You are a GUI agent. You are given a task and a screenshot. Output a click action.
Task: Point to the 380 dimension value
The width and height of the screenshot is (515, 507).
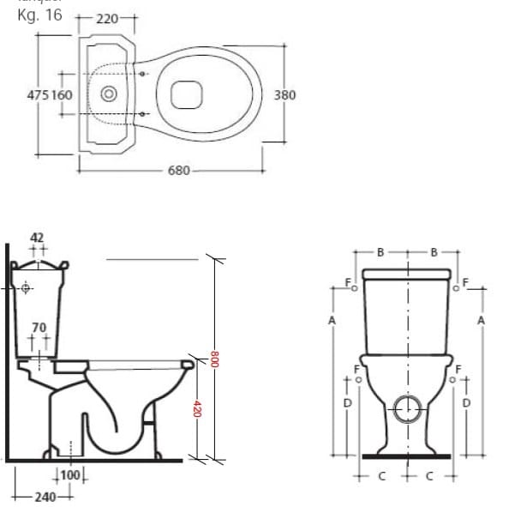[x=284, y=94]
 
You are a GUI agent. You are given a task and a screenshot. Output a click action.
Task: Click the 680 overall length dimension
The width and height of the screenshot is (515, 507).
[x=178, y=171]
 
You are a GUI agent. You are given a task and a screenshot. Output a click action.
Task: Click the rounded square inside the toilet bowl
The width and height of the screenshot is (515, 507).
[x=186, y=94]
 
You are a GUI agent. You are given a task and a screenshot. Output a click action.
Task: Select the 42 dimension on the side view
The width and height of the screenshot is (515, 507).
[x=37, y=237]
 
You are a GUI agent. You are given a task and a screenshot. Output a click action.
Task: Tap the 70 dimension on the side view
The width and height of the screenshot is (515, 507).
[x=39, y=328]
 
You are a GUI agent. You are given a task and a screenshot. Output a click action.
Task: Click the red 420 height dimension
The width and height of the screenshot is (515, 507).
[x=198, y=410]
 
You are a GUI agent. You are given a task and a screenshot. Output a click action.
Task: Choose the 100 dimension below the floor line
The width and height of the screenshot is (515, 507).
[x=71, y=475]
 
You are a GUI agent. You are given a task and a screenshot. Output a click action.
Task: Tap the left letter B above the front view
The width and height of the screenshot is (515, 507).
[x=380, y=252]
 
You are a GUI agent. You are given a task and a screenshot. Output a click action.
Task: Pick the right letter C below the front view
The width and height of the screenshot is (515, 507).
[x=430, y=474]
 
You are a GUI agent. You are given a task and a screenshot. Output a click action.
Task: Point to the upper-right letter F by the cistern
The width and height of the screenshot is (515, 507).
[x=466, y=281]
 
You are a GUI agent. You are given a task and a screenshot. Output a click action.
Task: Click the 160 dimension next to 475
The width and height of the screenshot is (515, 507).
[x=63, y=94]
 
